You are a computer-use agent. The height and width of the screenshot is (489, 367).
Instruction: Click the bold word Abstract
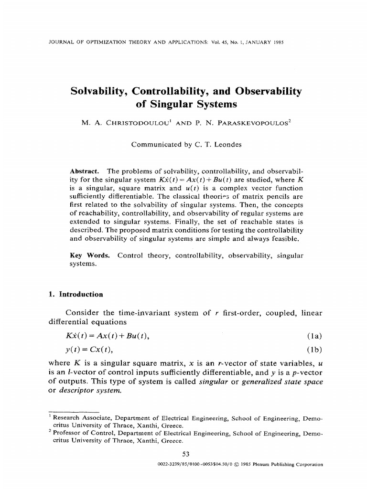pyautogui.click(x=84, y=170)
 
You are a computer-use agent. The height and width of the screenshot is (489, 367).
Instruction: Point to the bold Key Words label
pyautogui.click(x=90, y=255)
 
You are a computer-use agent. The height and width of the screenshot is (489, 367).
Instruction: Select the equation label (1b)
pyautogui.click(x=314, y=350)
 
